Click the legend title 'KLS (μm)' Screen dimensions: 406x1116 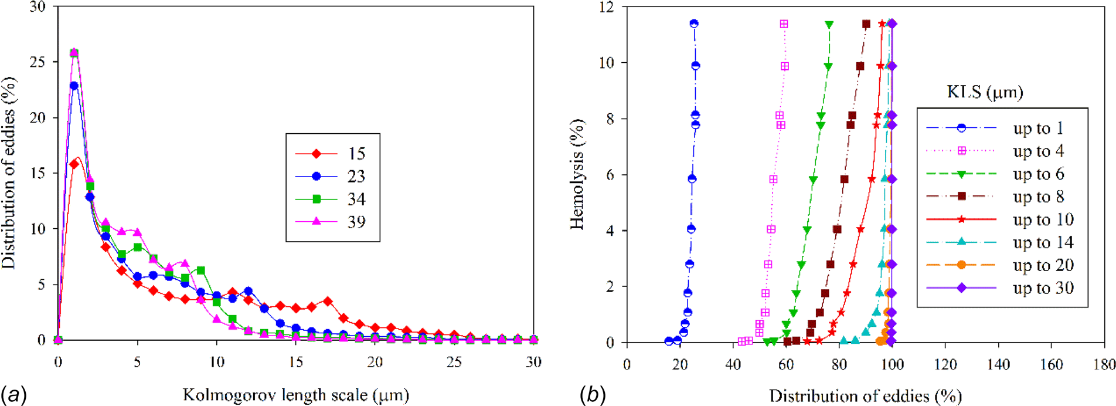985,92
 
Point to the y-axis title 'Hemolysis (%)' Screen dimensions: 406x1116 577,174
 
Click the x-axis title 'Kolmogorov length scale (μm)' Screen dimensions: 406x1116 295,395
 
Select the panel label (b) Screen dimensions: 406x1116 592,394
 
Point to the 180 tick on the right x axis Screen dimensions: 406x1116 1104,365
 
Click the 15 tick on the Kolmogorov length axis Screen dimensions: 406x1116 295,362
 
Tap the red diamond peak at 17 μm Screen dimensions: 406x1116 328,302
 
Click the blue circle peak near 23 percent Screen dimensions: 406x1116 74,86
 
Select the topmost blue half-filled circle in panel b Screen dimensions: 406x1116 694,24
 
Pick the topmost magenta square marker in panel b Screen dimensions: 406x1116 784,24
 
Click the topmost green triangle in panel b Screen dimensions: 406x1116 829,25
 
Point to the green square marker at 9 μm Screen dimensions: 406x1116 201,270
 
